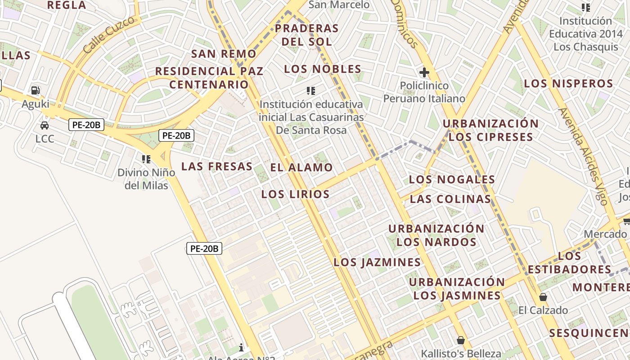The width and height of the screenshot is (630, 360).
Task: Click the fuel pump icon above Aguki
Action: [x=36, y=90]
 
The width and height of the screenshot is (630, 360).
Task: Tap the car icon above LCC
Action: [x=45, y=126]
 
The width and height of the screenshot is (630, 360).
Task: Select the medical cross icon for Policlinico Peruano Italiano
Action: [x=424, y=72]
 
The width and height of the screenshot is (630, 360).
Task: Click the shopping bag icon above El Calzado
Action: [x=543, y=297]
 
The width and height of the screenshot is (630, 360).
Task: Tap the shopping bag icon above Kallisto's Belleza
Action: [x=460, y=340]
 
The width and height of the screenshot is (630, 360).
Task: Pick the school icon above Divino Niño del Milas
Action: [x=146, y=159]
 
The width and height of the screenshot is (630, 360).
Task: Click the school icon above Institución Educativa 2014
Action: [x=585, y=7]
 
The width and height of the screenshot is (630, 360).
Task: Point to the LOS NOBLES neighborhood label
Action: [x=323, y=69]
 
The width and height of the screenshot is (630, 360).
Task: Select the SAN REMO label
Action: [x=224, y=54]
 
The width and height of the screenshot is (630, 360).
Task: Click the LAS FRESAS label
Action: [x=217, y=166]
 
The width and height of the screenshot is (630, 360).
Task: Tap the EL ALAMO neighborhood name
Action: [x=301, y=167]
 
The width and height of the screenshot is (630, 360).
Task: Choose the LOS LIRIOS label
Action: [x=295, y=194]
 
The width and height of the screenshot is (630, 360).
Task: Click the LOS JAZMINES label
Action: [x=377, y=262]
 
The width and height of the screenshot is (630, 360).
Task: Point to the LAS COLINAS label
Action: [x=450, y=199]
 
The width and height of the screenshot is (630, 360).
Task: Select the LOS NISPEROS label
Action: [x=568, y=84]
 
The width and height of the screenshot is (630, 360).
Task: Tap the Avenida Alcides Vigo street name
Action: [x=583, y=156]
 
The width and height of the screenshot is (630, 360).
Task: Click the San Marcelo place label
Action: [x=339, y=5]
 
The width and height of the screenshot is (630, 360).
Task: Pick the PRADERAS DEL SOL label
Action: [x=306, y=35]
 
